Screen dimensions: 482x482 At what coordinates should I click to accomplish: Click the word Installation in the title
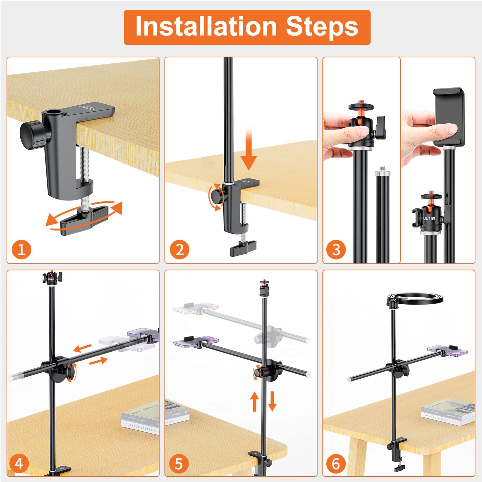[206, 27]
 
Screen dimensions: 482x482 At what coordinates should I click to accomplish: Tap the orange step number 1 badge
[21, 250]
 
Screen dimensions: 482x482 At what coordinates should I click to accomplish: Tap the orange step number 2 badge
[179, 250]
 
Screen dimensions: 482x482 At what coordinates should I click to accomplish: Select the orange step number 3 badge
[336, 250]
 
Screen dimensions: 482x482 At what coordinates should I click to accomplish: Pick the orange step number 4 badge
[19, 464]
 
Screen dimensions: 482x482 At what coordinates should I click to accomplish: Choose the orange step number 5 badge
[178, 464]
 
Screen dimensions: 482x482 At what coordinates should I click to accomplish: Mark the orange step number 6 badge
[335, 464]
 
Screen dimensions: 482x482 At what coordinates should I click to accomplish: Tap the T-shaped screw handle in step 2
[243, 248]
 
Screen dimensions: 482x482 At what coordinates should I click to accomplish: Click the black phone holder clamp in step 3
[449, 117]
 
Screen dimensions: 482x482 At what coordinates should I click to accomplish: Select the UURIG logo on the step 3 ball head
[429, 218]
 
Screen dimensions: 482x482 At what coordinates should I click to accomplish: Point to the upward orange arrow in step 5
[255, 401]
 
